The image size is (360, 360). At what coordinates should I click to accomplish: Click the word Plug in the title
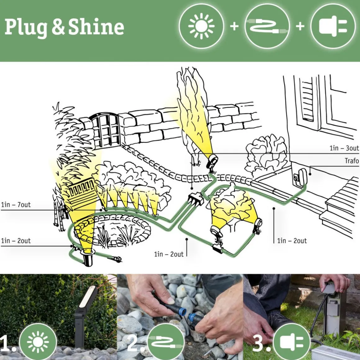click(26, 27)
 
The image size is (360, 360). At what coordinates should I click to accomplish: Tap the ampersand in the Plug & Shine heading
click(58, 27)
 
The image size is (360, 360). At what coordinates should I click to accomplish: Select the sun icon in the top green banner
click(201, 26)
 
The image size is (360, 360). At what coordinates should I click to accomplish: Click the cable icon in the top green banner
click(267, 26)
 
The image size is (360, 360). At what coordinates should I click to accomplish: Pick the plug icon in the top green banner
click(332, 26)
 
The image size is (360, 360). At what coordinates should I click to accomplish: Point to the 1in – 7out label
click(16, 205)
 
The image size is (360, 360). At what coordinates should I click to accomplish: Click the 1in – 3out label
click(344, 148)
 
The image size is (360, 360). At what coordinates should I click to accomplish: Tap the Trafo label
click(351, 161)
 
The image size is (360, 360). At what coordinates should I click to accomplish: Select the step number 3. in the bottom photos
click(259, 343)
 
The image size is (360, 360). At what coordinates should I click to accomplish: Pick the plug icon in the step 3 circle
click(292, 342)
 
